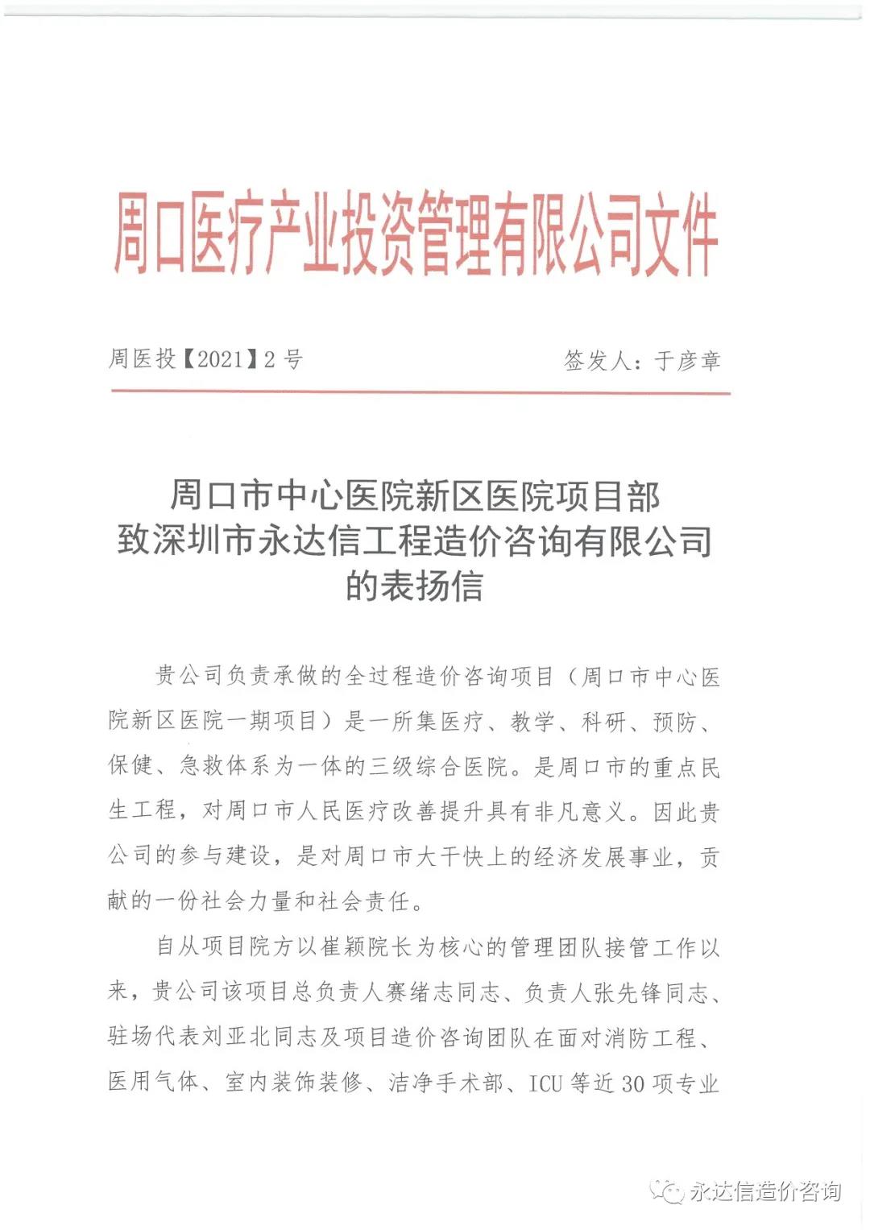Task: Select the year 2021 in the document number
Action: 220,359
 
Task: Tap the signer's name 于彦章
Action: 687,360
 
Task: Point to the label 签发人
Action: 597,360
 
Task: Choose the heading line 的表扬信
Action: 415,586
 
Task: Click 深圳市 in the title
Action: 204,540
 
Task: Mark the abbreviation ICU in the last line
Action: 545,1083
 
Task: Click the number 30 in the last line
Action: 632,1083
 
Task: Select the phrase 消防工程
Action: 651,1037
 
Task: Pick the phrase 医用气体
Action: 153,1083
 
